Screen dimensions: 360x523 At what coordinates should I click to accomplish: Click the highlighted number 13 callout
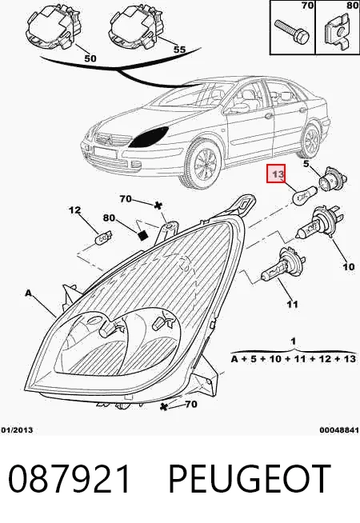click(x=275, y=174)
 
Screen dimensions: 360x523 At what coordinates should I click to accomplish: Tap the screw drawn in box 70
click(x=291, y=31)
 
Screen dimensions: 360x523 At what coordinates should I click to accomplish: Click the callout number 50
click(x=90, y=58)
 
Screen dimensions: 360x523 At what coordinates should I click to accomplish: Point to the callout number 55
click(x=179, y=50)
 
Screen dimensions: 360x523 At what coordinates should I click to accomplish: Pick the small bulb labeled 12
click(x=104, y=239)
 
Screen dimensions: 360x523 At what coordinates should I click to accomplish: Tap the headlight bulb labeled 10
click(x=318, y=223)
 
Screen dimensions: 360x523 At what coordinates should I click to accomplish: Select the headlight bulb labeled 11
click(x=282, y=265)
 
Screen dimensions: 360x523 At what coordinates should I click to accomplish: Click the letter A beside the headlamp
click(x=29, y=293)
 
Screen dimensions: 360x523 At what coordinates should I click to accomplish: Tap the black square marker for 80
click(x=142, y=235)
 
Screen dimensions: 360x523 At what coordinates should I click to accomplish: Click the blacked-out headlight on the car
click(x=149, y=137)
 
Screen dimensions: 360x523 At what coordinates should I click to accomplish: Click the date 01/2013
click(x=17, y=430)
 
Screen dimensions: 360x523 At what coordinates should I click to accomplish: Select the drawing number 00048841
click(x=339, y=430)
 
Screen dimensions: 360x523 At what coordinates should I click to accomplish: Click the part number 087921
click(x=69, y=479)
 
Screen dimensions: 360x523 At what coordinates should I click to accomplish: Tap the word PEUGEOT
click(x=250, y=479)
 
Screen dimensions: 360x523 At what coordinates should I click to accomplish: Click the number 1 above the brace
click(x=293, y=341)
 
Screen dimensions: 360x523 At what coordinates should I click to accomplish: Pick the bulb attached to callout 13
click(x=304, y=195)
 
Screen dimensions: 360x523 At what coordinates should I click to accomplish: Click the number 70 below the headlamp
click(x=190, y=405)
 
